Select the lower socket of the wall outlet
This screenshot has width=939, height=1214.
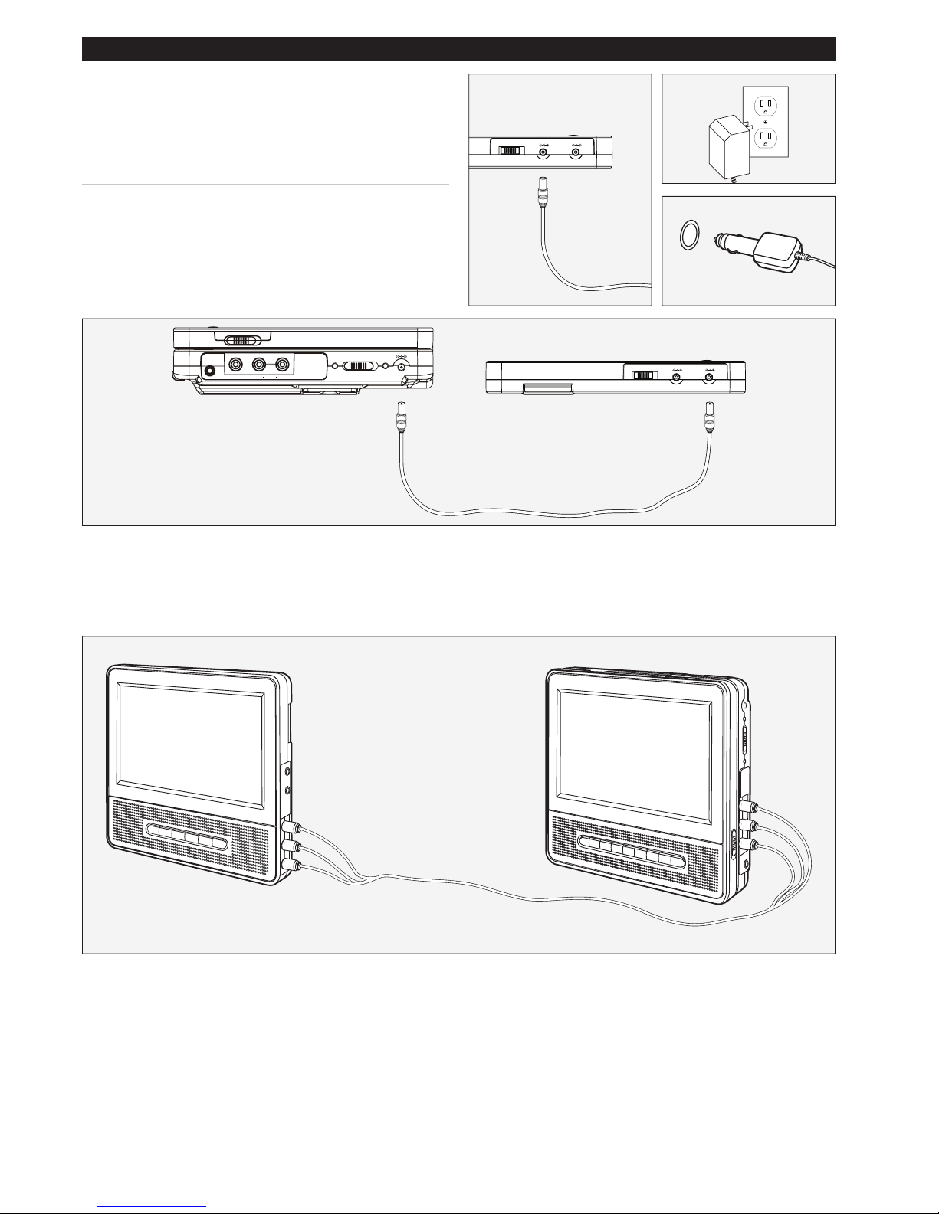pyautogui.click(x=763, y=138)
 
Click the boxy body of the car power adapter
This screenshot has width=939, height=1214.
pyautogui.click(x=778, y=252)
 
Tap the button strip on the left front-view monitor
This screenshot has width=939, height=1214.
pyautogui.click(x=186, y=840)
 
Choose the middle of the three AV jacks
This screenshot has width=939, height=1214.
pyautogui.click(x=259, y=365)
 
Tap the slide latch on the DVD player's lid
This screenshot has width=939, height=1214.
pyautogui.click(x=242, y=340)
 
